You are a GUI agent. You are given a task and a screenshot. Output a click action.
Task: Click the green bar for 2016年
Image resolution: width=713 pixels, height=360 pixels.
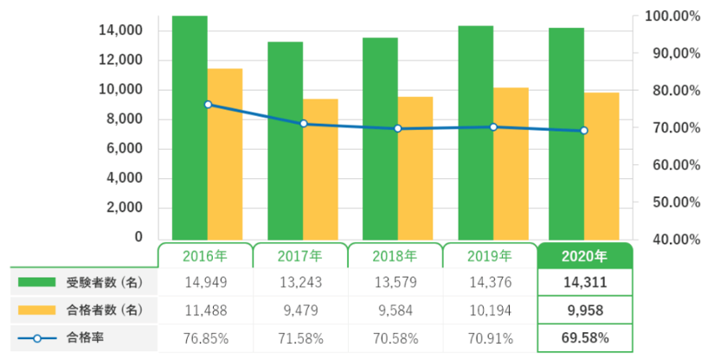(189, 127)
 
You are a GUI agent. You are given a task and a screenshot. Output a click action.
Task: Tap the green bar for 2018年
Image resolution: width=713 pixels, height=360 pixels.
(380, 138)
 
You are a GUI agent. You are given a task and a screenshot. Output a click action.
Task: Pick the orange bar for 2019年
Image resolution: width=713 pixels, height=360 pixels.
(511, 164)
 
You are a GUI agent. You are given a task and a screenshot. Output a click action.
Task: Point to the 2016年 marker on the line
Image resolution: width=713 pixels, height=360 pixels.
(208, 105)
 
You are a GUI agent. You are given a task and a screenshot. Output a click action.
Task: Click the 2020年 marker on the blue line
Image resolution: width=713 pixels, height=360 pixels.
(584, 131)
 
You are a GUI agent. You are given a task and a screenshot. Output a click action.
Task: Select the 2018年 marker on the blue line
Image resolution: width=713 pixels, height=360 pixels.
(397, 128)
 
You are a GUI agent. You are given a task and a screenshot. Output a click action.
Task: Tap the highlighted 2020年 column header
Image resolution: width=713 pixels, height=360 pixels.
(585, 256)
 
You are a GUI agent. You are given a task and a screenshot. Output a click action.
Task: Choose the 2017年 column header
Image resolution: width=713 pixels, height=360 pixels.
(300, 256)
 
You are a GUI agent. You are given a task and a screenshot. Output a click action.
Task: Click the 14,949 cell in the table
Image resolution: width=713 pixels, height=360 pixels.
(206, 281)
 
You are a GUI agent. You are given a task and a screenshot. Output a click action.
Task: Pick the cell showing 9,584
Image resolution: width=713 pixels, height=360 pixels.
(395, 309)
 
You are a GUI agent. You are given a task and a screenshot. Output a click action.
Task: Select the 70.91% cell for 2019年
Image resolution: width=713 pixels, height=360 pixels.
(490, 337)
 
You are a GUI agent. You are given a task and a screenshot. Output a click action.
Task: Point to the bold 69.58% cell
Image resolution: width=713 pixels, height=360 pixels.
(585, 337)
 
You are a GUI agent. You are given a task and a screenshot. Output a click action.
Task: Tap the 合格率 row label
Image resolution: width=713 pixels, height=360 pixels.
(85, 337)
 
